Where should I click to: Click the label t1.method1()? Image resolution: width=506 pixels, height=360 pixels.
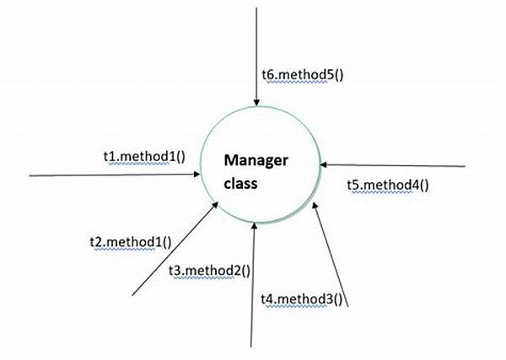(x=144, y=157)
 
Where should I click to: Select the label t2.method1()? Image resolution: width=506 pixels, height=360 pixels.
(x=131, y=242)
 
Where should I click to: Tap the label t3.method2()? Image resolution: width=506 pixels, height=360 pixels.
(x=209, y=271)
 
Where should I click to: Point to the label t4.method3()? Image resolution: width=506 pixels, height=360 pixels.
(x=301, y=299)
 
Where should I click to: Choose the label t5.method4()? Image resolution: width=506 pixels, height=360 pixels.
(x=388, y=185)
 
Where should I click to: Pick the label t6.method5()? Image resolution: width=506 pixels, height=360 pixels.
(x=303, y=75)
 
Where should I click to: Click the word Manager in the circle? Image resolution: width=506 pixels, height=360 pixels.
(x=256, y=161)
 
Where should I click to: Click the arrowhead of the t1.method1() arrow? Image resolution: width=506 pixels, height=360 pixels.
(x=196, y=175)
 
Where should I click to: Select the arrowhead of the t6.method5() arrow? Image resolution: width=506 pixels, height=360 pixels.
(x=256, y=102)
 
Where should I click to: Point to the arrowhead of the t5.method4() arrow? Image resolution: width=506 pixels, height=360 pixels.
(x=324, y=165)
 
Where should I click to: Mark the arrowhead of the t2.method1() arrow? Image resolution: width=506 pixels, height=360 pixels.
(x=215, y=205)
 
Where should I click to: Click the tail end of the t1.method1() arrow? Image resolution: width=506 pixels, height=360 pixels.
(x=30, y=176)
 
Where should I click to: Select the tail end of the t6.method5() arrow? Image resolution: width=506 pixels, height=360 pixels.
(x=256, y=8)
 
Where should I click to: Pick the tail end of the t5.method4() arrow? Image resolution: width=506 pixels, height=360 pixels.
(x=465, y=166)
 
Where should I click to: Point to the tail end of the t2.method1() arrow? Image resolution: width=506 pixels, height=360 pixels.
(x=132, y=295)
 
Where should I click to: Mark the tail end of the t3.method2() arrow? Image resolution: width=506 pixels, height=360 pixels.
(x=251, y=347)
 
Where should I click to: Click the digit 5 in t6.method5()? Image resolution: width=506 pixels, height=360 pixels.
(x=330, y=74)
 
